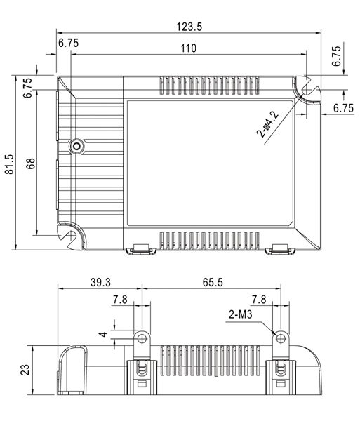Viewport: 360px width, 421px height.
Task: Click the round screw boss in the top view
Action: coord(74,146)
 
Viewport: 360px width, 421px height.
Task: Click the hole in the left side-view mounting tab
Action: coord(142,338)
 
